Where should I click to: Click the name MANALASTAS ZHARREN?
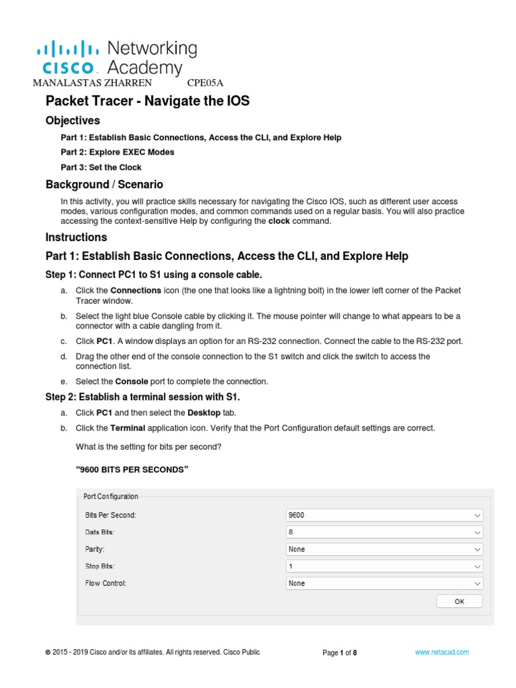pyautogui.click(x=92, y=83)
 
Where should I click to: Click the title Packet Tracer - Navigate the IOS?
pyautogui.click(x=147, y=101)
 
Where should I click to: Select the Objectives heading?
pyautogui.click(x=73, y=121)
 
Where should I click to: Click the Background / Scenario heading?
pyautogui.click(x=104, y=184)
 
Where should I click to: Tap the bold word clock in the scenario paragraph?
pyautogui.click(x=279, y=221)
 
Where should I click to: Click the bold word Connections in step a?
pyautogui.click(x=136, y=290)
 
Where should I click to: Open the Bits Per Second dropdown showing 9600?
pyautogui.click(x=384, y=515)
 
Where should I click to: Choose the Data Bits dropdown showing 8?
pyautogui.click(x=384, y=532)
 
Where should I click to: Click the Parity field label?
pyautogui.click(x=94, y=549)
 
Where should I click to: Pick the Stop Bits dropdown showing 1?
pyautogui.click(x=384, y=566)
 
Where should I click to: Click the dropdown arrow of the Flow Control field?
pyautogui.click(x=477, y=583)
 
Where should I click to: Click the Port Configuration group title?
pyautogui.click(x=111, y=497)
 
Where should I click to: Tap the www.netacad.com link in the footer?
pyautogui.click(x=441, y=652)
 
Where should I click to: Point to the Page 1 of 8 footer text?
pyautogui.click(x=339, y=653)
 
